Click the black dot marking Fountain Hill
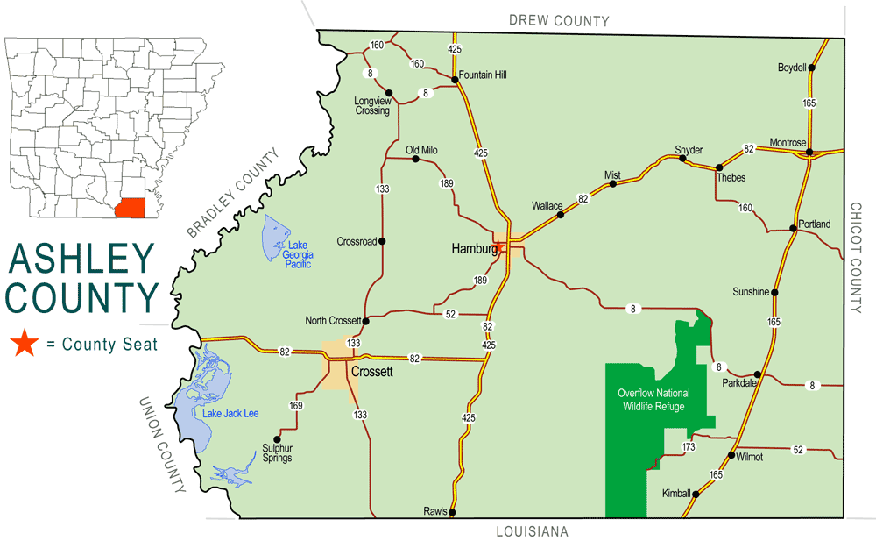point(455,80)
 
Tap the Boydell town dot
point(812,68)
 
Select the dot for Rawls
point(452,512)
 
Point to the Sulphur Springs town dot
point(278,439)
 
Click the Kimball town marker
point(696,494)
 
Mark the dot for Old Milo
point(413,160)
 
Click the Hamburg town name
point(474,249)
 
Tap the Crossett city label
point(371,372)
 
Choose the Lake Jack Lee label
point(230,413)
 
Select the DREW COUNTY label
point(559,20)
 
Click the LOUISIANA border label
point(532,531)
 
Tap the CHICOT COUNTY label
point(856,258)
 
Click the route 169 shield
point(296,406)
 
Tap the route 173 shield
point(689,448)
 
